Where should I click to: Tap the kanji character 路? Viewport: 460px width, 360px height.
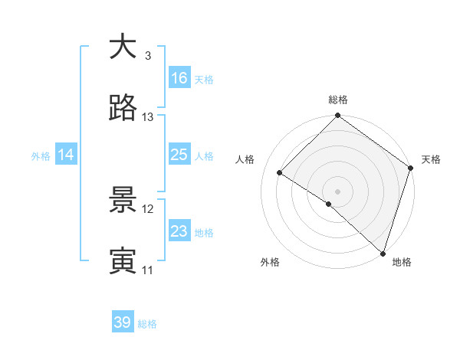123,109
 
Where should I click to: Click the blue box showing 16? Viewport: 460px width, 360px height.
179,78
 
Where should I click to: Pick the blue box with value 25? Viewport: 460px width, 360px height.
179,155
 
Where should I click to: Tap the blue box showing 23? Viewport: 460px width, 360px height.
179,231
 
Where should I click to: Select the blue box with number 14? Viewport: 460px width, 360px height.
66,155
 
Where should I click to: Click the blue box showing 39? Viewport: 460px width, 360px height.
123,322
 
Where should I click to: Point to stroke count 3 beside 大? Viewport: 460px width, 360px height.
147,55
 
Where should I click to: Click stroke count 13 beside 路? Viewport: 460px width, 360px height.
148,117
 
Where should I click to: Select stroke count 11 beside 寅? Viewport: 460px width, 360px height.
148,270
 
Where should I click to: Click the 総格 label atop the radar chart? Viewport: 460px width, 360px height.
338,100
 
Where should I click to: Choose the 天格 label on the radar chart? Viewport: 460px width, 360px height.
431,159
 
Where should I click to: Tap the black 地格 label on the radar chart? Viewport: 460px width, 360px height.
402,262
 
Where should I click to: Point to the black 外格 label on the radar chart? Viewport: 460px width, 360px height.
270,262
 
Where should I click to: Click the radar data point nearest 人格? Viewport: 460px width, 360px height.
280,173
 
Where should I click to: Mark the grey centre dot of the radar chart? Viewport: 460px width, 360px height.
337,191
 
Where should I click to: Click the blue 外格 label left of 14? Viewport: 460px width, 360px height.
41,155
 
